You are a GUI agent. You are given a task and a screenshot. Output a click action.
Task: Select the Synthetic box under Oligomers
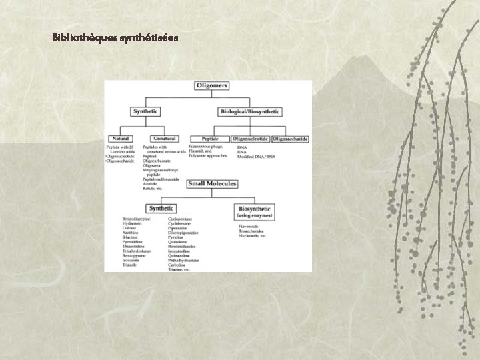point(146,111)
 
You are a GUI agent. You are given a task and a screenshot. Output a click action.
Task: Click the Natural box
point(120,139)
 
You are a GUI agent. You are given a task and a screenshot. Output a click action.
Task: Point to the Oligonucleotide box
point(251,139)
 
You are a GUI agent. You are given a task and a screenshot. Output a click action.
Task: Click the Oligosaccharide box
point(291,139)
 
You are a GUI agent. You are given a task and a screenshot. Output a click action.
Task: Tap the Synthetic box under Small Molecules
point(162,208)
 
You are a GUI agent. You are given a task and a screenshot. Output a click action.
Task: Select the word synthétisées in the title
point(149,38)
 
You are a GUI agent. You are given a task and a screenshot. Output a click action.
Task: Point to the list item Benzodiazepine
point(137,218)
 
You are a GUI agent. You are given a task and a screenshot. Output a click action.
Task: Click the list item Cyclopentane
point(181,218)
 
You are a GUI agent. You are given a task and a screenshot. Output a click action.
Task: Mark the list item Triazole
point(130,265)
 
